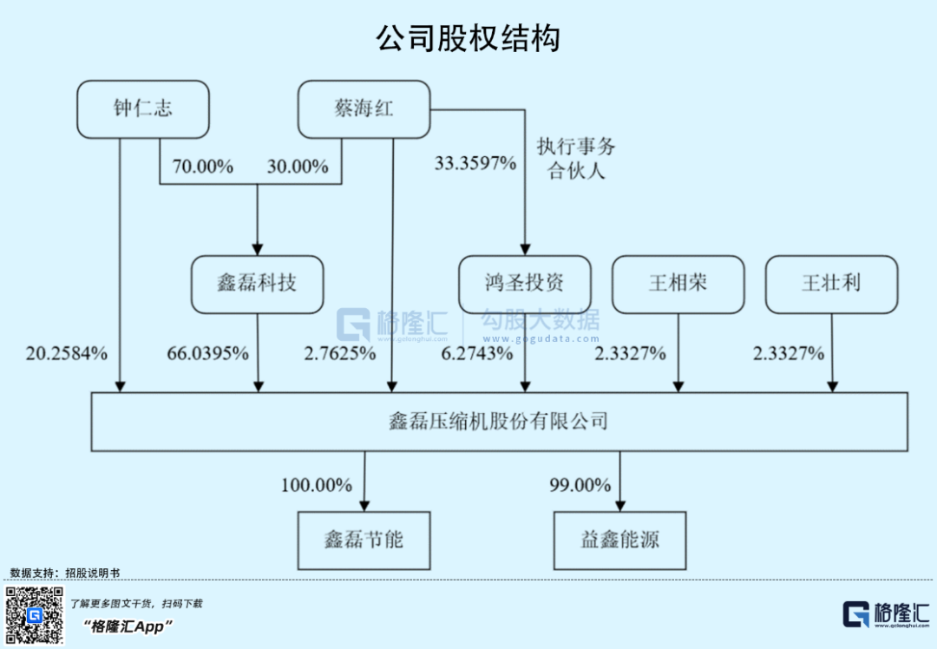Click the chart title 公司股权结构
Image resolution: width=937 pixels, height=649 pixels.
pyautogui.click(x=468, y=38)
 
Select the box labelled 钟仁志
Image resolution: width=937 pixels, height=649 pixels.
pyautogui.click(x=143, y=108)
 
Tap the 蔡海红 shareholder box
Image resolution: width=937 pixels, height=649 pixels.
pyautogui.click(x=364, y=108)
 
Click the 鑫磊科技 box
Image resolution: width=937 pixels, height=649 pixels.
pyautogui.click(x=258, y=284)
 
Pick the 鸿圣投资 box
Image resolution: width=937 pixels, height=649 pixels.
pyautogui.click(x=525, y=284)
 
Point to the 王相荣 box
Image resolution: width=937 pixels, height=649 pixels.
pyautogui.click(x=678, y=284)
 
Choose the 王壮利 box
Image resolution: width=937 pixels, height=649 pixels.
pyautogui.click(x=831, y=284)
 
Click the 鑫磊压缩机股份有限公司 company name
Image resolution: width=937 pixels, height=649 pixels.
pyautogui.click(x=499, y=422)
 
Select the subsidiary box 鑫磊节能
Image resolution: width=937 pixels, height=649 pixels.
pyautogui.click(x=364, y=540)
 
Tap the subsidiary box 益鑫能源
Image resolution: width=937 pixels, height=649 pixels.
pyautogui.click(x=619, y=540)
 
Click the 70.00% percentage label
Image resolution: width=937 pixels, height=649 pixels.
pyautogui.click(x=203, y=167)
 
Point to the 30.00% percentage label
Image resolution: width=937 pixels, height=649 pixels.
pyautogui.click(x=298, y=167)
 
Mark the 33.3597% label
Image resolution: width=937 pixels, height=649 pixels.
pyautogui.click(x=475, y=162)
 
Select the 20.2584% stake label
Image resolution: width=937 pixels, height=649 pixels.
pyautogui.click(x=67, y=353)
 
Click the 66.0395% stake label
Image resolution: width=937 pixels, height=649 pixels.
pyautogui.click(x=208, y=353)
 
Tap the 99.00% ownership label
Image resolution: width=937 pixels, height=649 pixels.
pyautogui.click(x=580, y=485)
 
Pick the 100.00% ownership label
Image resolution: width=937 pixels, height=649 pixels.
pyautogui.click(x=316, y=485)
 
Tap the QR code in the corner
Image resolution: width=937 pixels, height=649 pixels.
pyautogui.click(x=35, y=615)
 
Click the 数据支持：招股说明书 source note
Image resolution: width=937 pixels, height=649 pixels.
pyautogui.click(x=65, y=573)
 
